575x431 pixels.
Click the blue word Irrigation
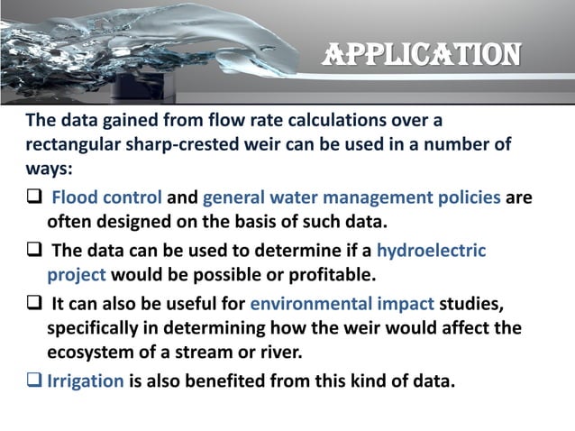click(x=87, y=381)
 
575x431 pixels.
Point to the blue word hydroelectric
click(x=431, y=251)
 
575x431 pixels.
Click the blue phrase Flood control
click(x=107, y=198)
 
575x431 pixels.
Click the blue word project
click(x=77, y=274)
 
